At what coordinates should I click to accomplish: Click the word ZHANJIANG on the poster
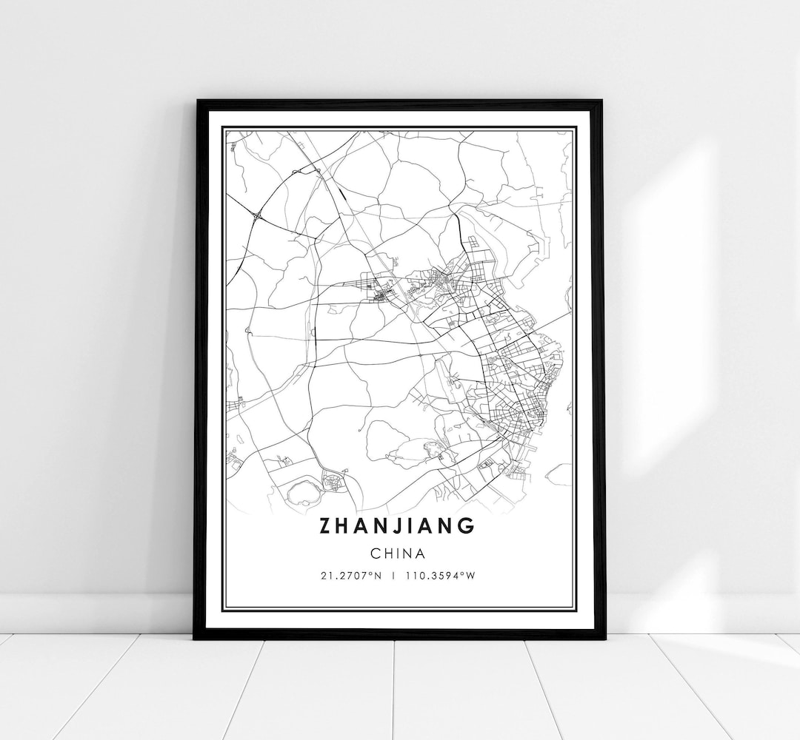pyautogui.click(x=397, y=526)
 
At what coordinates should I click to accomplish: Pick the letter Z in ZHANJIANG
pyautogui.click(x=327, y=526)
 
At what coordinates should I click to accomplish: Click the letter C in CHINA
pyautogui.click(x=376, y=553)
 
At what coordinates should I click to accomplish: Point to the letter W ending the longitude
pyautogui.click(x=470, y=575)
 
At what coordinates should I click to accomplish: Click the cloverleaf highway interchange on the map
pyautogui.click(x=257, y=216)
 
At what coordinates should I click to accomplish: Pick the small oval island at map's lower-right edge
pyautogui.click(x=559, y=474)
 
